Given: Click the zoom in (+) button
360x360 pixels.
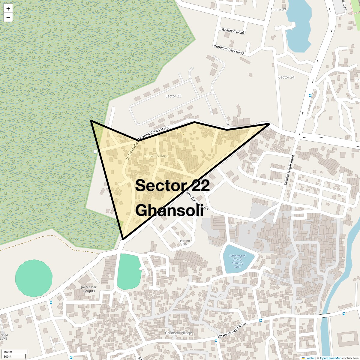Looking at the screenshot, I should (8, 9).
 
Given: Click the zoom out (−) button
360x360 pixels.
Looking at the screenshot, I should (8, 18).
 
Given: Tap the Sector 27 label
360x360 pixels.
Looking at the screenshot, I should (278, 10).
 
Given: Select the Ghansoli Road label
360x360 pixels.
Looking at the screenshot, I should (233, 31).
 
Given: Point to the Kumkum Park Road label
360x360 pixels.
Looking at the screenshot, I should (229, 49).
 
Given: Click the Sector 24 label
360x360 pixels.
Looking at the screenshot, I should (286, 77).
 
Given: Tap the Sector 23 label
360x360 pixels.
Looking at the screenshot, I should (173, 96).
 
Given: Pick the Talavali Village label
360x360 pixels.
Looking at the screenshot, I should (156, 156).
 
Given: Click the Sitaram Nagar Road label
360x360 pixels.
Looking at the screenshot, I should (289, 170).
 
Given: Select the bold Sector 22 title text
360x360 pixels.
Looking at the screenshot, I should (172, 185).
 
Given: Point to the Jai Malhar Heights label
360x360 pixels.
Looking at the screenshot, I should (88, 289).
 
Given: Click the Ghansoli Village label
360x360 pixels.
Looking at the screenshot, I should (178, 333).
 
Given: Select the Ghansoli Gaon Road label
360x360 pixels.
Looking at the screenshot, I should (232, 330).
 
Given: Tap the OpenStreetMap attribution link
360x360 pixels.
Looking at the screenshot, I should (330, 358).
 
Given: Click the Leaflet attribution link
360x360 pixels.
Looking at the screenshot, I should (310, 358).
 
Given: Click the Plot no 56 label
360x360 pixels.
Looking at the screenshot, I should (185, 242).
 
